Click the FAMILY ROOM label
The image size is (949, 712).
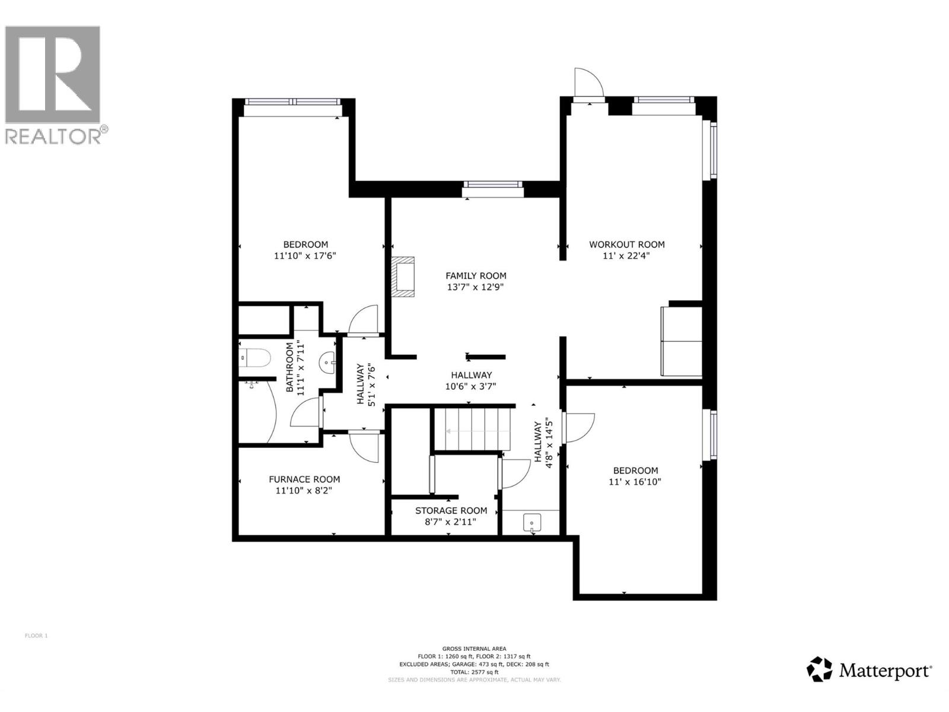click(x=476, y=275)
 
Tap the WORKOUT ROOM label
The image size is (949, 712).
click(x=626, y=244)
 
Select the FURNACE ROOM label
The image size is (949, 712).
click(x=304, y=479)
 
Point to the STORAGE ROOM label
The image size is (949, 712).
click(x=451, y=511)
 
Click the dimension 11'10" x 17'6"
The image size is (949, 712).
click(x=305, y=256)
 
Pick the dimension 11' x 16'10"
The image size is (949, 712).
click(x=635, y=482)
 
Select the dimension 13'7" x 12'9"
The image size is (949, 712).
click(x=476, y=287)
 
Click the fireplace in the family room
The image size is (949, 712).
click(x=403, y=276)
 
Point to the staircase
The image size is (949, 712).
click(x=472, y=428)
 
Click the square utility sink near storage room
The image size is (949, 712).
click(x=532, y=523)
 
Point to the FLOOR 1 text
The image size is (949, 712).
click(x=36, y=636)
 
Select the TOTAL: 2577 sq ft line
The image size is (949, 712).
click(x=474, y=672)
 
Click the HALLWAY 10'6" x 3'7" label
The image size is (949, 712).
click(x=471, y=380)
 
